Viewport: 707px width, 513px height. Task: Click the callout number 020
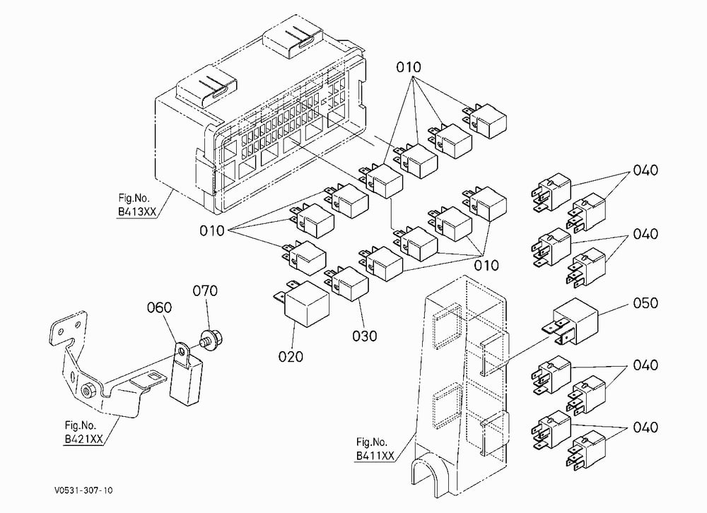(291, 357)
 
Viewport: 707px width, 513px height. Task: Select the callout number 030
(364, 336)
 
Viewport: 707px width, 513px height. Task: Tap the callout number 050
(645, 303)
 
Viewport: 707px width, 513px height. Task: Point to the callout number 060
(159, 307)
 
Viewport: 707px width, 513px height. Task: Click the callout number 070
(205, 290)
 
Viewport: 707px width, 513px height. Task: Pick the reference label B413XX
(137, 212)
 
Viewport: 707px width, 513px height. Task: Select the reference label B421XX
(84, 439)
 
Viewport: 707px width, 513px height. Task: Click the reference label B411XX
(375, 456)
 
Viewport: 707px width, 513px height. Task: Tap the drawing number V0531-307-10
(83, 490)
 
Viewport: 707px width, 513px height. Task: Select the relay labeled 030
(347, 283)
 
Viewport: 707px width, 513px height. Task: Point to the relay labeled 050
(573, 321)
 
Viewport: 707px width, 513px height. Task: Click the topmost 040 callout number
(645, 170)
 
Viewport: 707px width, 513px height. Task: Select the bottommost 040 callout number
(645, 427)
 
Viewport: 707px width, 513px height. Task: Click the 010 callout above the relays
(409, 67)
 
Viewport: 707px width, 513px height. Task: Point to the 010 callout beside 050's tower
(486, 265)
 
